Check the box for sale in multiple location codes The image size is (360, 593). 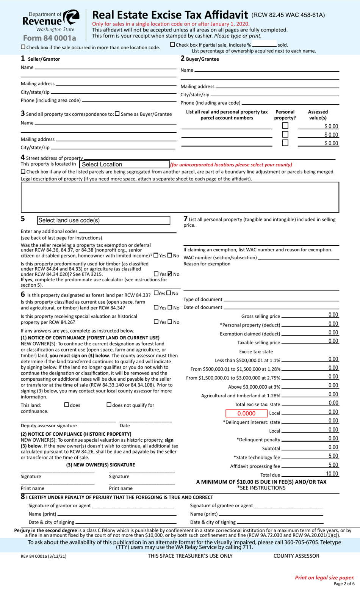tap(23, 47)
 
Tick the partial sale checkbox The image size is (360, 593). tap(172, 45)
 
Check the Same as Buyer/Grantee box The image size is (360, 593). tap(117, 114)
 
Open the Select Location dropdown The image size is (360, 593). tap(124, 165)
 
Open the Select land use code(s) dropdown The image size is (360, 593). tap(103, 220)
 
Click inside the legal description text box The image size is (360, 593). tap(180, 197)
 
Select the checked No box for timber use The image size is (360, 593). tap(170, 274)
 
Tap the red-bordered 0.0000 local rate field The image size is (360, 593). tap(246, 413)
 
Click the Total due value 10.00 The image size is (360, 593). tap(332, 474)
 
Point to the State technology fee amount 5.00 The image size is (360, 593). tap(333, 456)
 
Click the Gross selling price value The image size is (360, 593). tap(333, 315)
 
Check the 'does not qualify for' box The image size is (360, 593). tap(109, 405)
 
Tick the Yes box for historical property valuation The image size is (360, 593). tap(156, 322)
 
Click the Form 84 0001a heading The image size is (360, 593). tap(49, 38)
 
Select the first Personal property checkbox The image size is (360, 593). tap(285, 126)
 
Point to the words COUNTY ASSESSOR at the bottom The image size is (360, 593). tap(296, 556)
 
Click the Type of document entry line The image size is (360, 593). tap(281, 300)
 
